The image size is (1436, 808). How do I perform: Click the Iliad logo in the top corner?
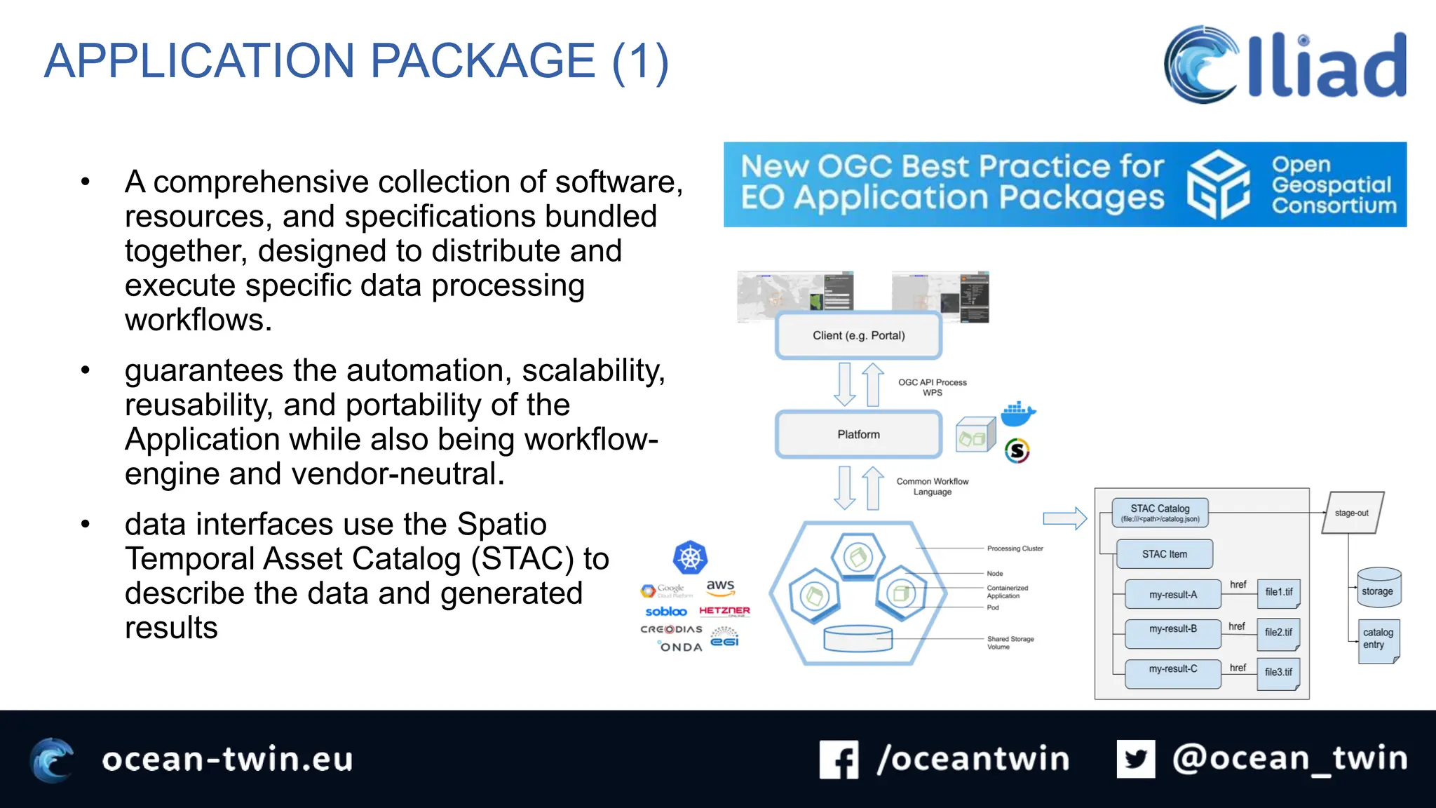coord(1285,65)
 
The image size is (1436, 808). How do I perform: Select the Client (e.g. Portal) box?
coord(858,335)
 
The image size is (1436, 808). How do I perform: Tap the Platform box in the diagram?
coord(858,434)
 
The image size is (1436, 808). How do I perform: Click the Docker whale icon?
coord(1017,414)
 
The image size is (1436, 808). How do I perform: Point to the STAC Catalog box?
coord(1160,513)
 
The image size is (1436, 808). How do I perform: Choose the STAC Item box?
coord(1164,554)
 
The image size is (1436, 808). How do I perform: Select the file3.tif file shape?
coord(1278,673)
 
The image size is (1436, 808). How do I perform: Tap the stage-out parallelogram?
coord(1352,513)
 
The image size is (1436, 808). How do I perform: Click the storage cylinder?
coord(1378,588)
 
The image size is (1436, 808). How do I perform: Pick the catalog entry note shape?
coord(1378,640)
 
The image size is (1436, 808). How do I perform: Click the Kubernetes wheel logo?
coord(690,558)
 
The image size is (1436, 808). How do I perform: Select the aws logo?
coord(720,586)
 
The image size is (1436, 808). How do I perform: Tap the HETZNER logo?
coord(724,611)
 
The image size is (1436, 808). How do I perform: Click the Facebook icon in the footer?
coord(839,760)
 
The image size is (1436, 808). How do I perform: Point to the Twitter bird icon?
coord(1135,759)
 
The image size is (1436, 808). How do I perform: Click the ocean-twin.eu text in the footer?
coord(227,760)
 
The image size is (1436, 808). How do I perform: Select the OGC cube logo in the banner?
coord(1219,184)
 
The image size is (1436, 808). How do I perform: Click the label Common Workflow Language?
coord(932,486)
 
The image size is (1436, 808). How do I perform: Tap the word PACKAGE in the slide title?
coord(482,61)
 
